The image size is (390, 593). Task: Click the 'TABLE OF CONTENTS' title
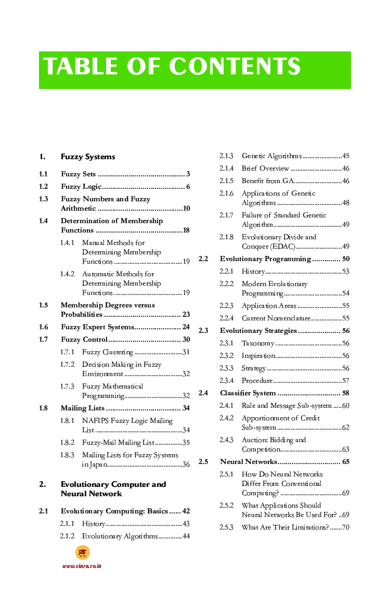point(172,67)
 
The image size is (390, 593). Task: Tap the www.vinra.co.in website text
point(82,566)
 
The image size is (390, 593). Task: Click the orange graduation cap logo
point(82,552)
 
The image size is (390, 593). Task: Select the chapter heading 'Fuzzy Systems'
point(88,157)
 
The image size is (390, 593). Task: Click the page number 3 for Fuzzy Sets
point(188,174)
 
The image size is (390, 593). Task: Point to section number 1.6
point(44,327)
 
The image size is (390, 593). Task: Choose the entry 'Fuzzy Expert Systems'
point(97,327)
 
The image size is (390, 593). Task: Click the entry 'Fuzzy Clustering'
point(108,352)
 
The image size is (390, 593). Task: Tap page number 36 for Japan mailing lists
point(186,465)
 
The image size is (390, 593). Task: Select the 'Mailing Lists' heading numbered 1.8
point(83,408)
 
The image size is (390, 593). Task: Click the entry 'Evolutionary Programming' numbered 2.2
point(265,259)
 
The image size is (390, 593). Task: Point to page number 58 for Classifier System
point(345,393)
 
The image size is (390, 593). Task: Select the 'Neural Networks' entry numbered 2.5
point(248,461)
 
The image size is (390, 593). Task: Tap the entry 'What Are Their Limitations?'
point(285,527)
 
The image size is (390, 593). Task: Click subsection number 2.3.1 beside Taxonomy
point(226,343)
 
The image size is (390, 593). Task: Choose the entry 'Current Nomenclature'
point(276,318)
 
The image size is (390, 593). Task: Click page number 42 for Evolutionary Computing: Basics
point(186,511)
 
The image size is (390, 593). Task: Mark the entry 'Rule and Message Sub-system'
point(287,405)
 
